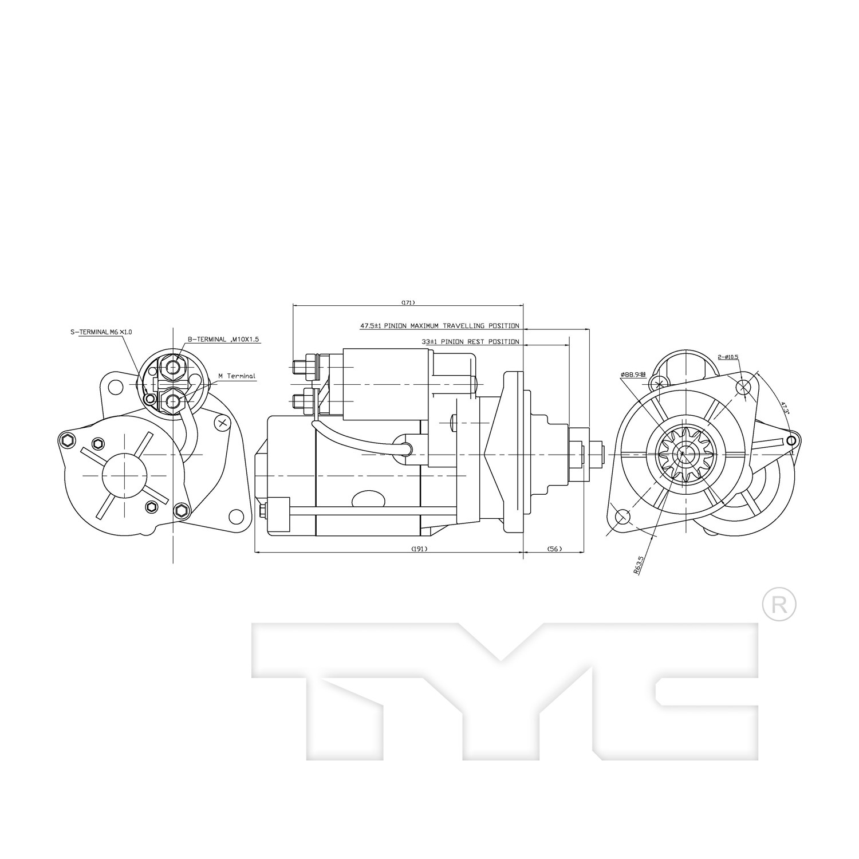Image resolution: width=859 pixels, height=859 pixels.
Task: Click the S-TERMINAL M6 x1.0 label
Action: [101, 332]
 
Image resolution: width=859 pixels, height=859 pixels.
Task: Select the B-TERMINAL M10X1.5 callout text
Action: [223, 339]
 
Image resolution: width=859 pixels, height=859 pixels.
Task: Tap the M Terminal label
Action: [237, 376]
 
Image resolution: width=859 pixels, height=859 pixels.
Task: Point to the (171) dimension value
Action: [408, 302]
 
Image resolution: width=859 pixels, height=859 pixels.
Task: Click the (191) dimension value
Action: [419, 549]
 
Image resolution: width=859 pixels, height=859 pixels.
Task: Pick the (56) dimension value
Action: [554, 549]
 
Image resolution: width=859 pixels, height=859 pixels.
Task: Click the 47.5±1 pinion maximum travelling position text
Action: [439, 326]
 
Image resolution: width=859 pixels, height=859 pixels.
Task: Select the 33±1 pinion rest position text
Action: [470, 342]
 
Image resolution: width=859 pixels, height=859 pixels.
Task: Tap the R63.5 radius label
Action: [639, 564]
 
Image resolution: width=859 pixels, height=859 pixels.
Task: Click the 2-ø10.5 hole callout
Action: [728, 357]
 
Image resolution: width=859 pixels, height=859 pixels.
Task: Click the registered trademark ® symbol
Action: [779, 604]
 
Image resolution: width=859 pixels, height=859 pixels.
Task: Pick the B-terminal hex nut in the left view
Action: [173, 365]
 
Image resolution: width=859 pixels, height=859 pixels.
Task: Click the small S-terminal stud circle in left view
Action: [150, 398]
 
